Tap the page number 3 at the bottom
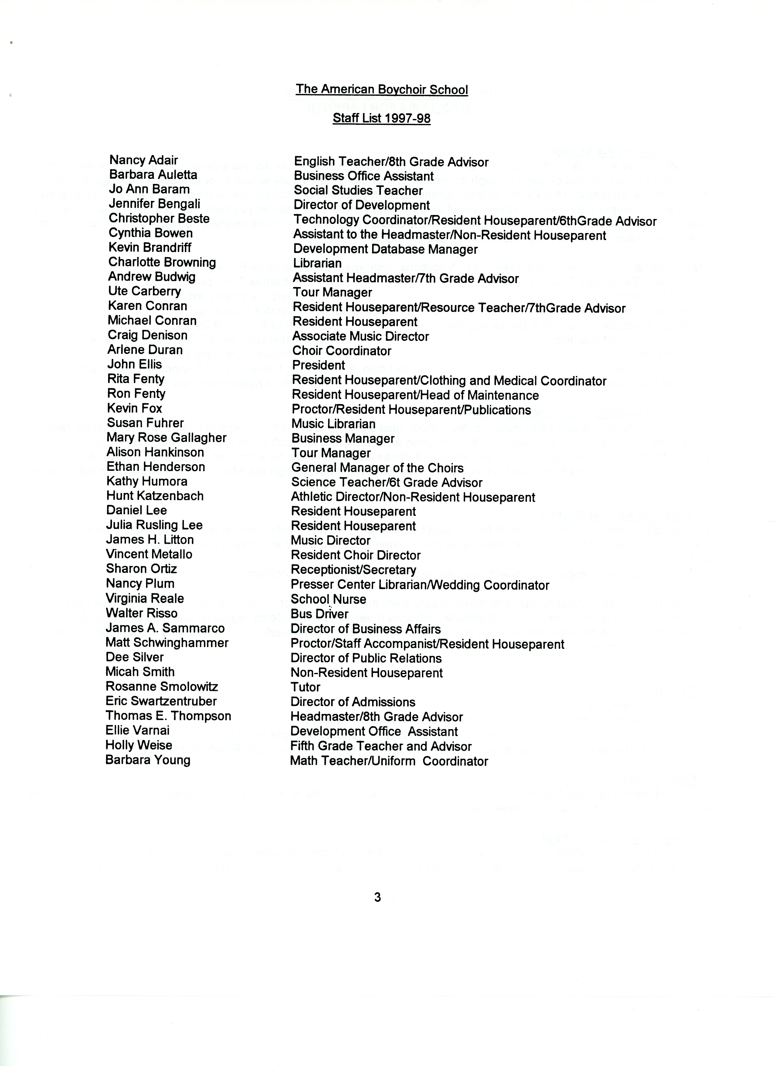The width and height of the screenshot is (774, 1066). (x=377, y=898)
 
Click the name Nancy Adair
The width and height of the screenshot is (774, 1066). (x=143, y=160)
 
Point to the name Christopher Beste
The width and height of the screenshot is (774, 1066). (x=159, y=218)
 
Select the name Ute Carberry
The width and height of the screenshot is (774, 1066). (x=144, y=291)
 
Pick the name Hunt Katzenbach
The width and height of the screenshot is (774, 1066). (x=154, y=496)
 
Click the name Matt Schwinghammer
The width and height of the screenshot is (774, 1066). (x=167, y=643)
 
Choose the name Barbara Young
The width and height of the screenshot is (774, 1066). (x=148, y=760)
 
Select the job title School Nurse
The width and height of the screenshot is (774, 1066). (x=328, y=599)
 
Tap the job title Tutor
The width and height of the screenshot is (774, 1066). (x=305, y=687)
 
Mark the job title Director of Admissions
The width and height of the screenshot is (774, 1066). (x=353, y=702)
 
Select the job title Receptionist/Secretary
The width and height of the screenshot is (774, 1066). (x=353, y=570)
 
